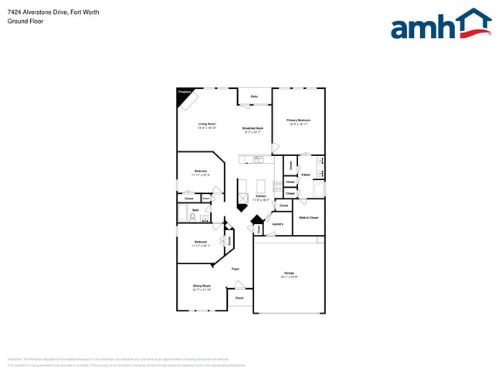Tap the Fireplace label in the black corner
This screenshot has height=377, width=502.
click(x=184, y=91)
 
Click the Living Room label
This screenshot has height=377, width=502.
click(x=206, y=124)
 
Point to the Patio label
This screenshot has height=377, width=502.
click(x=253, y=97)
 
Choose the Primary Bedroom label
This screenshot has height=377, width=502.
click(x=298, y=120)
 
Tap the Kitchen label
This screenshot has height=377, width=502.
click(x=261, y=197)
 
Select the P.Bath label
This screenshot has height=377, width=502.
click(x=306, y=175)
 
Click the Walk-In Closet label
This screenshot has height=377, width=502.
click(x=309, y=218)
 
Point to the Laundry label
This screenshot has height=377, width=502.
click(x=277, y=224)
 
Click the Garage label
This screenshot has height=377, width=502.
click(x=289, y=273)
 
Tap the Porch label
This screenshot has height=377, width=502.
click(x=239, y=297)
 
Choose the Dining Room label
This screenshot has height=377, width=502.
click(x=202, y=286)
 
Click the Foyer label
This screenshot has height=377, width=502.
click(x=235, y=269)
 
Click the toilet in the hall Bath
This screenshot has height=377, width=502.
click(x=192, y=216)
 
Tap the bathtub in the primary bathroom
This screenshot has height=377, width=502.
click(x=320, y=188)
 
